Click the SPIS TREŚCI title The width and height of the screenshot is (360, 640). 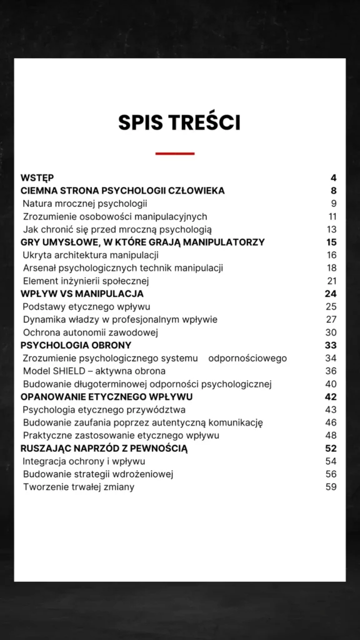[179, 122]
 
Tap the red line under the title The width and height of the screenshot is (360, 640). [175, 153]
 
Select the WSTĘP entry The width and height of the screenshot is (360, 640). [37, 177]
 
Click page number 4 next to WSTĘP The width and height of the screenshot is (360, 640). [334, 177]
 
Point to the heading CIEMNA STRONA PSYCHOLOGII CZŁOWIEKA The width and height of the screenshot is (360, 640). [122, 191]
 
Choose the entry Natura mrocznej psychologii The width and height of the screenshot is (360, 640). [85, 203]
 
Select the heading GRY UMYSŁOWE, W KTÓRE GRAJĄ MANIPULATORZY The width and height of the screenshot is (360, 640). [142, 242]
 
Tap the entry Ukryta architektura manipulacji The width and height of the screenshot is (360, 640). [91, 255]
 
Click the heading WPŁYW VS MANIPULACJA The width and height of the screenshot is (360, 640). [82, 293]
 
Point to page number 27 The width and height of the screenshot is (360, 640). [331, 319]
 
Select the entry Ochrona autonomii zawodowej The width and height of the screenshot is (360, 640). [91, 332]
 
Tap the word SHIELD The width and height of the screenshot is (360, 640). [71, 371]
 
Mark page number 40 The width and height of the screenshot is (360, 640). [331, 384]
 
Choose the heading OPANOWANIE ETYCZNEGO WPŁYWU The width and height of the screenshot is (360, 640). [106, 397]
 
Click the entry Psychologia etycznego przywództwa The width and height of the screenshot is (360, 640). [104, 409]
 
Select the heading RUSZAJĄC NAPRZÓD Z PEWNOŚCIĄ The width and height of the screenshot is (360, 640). [104, 448]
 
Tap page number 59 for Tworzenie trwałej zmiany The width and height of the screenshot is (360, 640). [331, 487]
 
